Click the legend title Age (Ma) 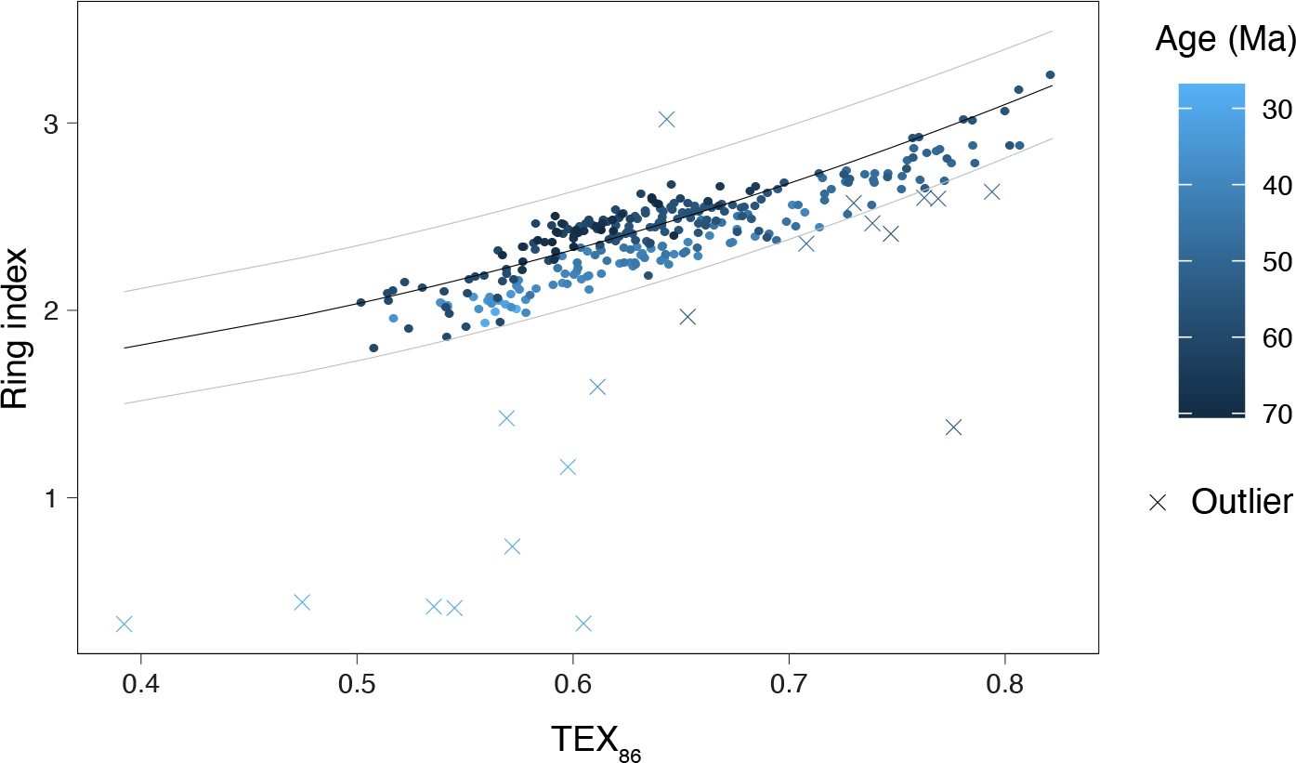tap(1224, 40)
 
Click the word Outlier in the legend tap(1241, 502)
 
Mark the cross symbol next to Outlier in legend tap(1158, 503)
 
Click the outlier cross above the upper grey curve tap(666, 119)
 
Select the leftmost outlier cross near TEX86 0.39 tap(124, 624)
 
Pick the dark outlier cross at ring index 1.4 tap(953, 428)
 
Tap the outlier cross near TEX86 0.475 tap(302, 602)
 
